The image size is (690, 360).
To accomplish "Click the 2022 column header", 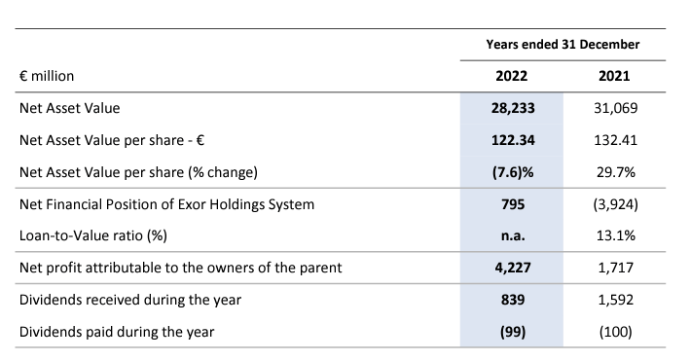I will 512,75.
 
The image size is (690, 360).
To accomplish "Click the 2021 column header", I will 615,75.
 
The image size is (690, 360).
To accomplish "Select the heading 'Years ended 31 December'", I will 563,45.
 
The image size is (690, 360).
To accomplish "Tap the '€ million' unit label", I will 48,75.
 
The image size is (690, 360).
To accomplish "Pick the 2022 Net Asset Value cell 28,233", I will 512,108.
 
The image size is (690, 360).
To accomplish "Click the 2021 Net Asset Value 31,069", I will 615,108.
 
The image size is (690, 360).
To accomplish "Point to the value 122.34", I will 512,140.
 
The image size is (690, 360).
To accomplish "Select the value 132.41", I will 615,140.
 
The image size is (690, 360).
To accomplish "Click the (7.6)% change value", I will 512,172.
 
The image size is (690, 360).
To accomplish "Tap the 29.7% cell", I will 615,172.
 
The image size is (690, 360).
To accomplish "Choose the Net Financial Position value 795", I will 512,204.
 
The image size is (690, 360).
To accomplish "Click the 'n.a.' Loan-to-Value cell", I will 512,236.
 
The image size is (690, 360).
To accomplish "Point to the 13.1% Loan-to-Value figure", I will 615,236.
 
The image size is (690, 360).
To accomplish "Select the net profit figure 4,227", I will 512,268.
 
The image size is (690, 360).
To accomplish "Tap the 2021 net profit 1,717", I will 615,268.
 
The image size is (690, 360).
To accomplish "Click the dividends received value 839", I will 512,300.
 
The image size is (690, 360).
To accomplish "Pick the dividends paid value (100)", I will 615,332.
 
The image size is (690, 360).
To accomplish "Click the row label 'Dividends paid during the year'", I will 117,332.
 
